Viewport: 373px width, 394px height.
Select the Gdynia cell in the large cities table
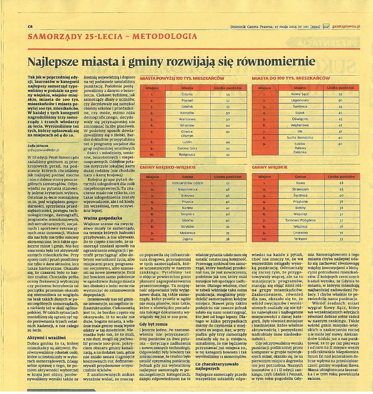187,94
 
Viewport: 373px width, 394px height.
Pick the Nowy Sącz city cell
300,94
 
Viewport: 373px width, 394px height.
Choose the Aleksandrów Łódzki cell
188,182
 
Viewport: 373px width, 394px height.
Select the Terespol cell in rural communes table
300,239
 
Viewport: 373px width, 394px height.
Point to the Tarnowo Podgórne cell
300,220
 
